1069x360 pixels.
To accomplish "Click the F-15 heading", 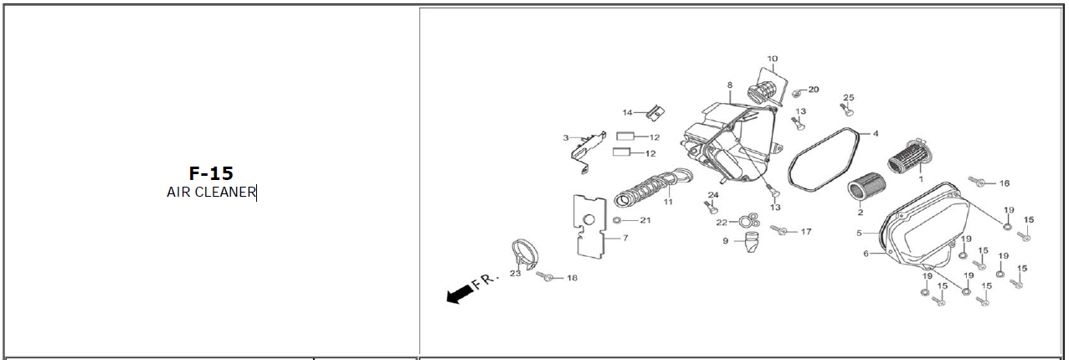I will click(x=210, y=173).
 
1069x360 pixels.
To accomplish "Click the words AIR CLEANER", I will click(x=211, y=193).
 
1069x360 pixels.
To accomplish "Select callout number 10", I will click(x=772, y=59).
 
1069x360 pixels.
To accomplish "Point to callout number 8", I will click(x=729, y=85).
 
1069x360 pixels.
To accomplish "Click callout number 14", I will click(x=627, y=112).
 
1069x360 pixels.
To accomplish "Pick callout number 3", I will click(x=566, y=138).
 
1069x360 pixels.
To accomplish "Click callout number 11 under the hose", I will click(x=668, y=202).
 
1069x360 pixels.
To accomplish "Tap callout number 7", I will click(x=624, y=238).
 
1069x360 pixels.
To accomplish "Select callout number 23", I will click(x=515, y=273).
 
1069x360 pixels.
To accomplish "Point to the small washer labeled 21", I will click(x=617, y=220).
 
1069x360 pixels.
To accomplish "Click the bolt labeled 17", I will click(x=782, y=230).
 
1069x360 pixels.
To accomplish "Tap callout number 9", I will click(x=726, y=241).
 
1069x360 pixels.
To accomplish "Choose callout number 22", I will click(x=721, y=222).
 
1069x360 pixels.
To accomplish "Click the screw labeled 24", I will click(x=714, y=207).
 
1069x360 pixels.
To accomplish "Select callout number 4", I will click(x=876, y=133).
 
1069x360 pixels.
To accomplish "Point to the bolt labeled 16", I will click(x=976, y=180).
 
